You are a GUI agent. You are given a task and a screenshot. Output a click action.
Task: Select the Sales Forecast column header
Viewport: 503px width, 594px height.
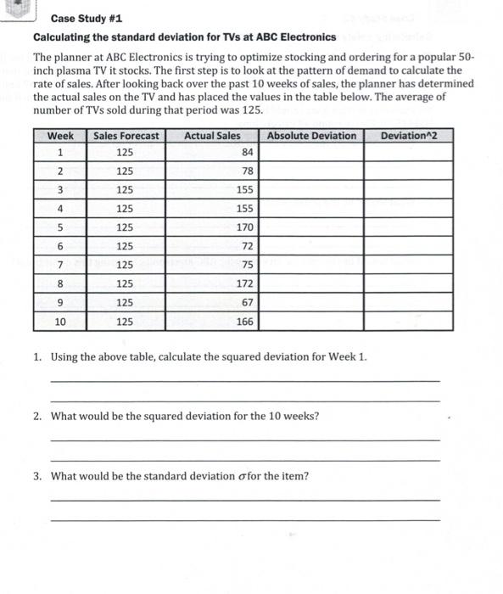click(x=126, y=136)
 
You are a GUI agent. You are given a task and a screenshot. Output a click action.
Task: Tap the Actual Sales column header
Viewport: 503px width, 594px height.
click(x=212, y=136)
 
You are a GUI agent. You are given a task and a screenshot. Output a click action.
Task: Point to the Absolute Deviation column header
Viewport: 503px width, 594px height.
click(x=311, y=136)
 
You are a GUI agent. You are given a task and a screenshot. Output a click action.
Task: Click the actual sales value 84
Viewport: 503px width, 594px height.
click(x=247, y=153)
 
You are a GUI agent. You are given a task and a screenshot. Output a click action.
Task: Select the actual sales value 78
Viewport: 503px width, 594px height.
click(x=247, y=171)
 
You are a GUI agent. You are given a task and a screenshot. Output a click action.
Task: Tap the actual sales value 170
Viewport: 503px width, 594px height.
click(x=244, y=227)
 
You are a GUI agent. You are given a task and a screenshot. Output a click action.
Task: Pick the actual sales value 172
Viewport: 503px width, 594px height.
click(x=244, y=283)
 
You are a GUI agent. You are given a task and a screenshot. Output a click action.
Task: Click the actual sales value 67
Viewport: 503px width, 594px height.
click(x=247, y=302)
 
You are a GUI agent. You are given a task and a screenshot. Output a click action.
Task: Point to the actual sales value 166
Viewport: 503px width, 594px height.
click(x=244, y=322)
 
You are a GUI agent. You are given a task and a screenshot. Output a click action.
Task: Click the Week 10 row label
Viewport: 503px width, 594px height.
click(x=59, y=322)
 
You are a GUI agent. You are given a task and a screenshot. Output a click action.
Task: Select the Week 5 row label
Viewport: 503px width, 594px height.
click(x=59, y=227)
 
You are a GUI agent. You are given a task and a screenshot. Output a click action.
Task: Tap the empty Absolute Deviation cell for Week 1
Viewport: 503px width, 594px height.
click(x=311, y=153)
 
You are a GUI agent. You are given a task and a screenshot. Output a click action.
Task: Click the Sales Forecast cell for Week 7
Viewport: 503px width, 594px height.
click(x=126, y=265)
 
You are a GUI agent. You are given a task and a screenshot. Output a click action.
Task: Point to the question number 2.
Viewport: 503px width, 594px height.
click(x=38, y=416)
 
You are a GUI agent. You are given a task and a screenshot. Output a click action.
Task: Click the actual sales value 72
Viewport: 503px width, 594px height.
click(x=247, y=246)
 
